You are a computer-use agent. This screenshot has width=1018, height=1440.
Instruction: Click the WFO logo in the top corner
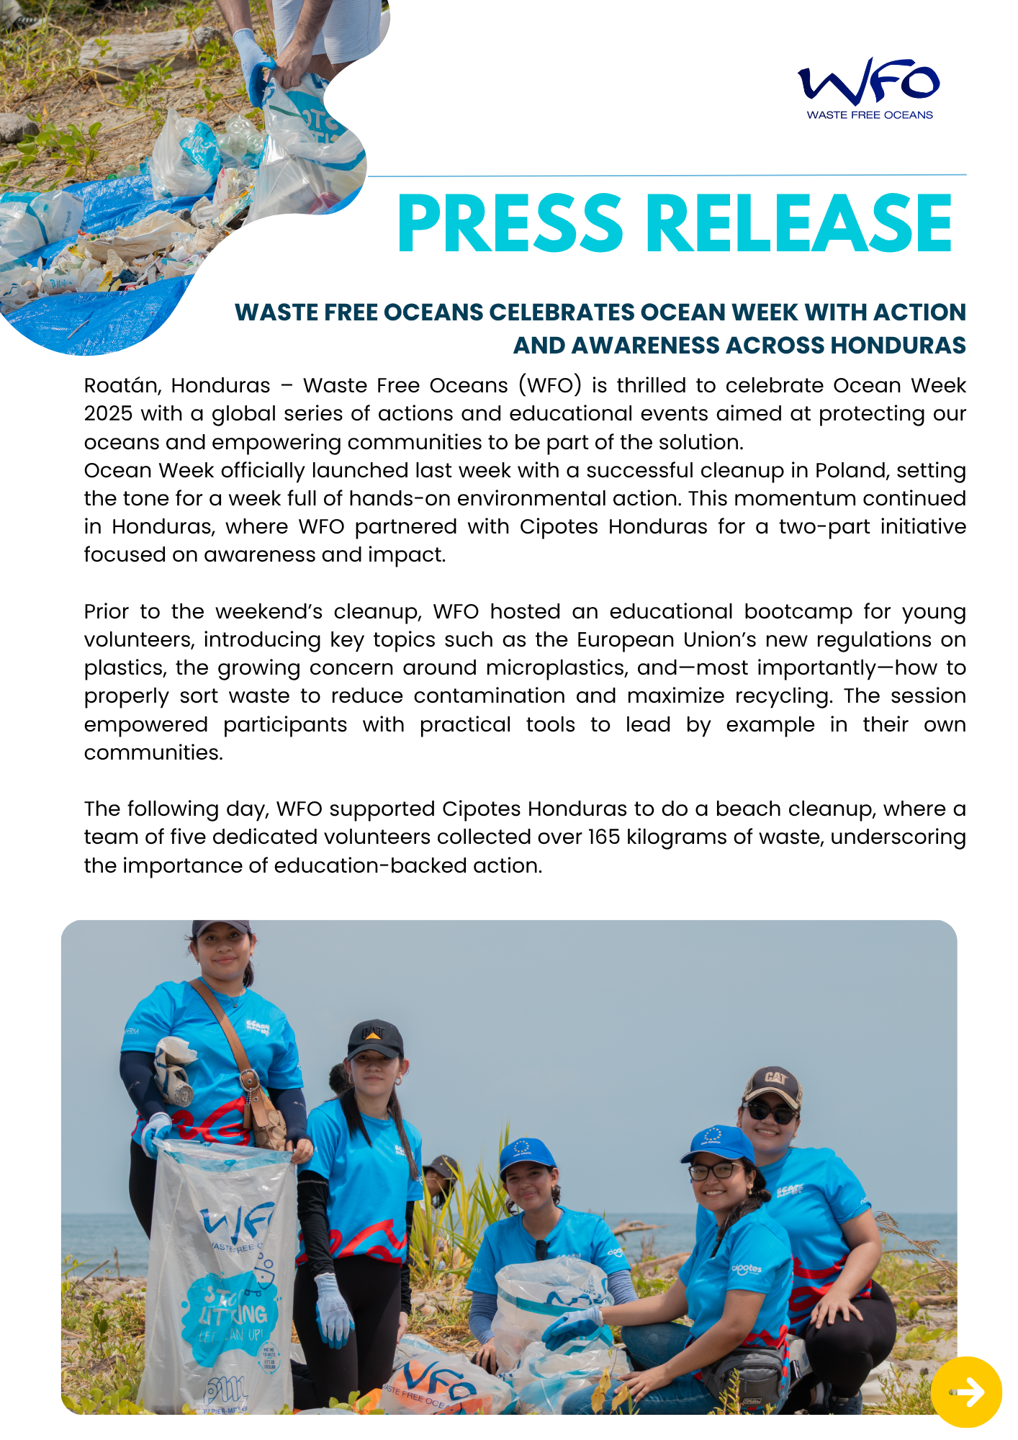(x=869, y=81)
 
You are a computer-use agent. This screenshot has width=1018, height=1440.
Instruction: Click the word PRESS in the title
(x=509, y=224)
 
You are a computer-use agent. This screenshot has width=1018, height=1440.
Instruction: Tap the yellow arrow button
(x=966, y=1392)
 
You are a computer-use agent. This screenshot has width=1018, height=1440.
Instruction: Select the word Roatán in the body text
(x=121, y=386)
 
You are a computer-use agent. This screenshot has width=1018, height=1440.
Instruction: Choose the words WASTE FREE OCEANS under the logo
(x=869, y=115)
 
